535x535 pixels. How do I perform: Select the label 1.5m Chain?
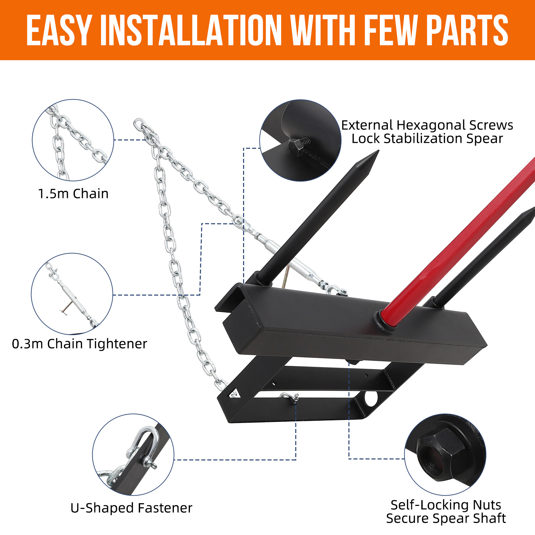point(73,194)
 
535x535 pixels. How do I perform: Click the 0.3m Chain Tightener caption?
point(79,344)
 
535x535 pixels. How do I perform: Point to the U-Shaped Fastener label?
point(131,508)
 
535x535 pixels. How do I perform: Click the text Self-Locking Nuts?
point(445,505)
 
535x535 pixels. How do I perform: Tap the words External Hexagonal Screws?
point(427,125)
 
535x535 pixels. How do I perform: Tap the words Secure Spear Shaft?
point(445,519)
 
